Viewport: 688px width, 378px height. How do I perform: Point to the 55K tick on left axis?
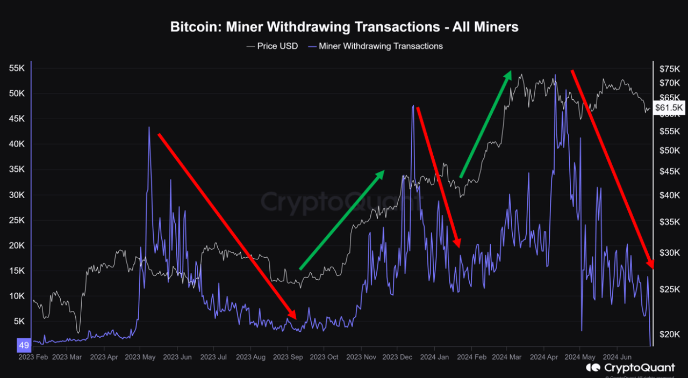pos(17,68)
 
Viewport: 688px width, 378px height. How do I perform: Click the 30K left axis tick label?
pos(17,195)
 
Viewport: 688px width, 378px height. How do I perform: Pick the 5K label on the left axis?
pos(19,321)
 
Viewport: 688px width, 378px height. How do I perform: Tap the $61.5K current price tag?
pos(669,108)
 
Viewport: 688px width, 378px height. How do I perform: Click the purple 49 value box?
pos(24,345)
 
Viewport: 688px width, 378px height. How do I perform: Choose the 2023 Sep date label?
pos(288,357)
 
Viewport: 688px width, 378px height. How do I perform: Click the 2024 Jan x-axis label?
pos(434,357)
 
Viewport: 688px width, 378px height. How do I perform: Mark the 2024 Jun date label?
pos(617,357)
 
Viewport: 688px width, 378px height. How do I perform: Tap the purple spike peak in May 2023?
pos(149,127)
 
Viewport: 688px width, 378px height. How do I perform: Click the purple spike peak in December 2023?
pos(413,106)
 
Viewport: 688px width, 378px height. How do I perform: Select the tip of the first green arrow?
pos(384,171)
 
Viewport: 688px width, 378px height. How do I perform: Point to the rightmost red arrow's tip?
pos(653,267)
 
